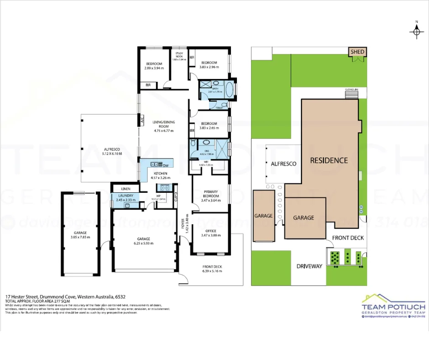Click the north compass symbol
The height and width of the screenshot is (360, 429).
417,31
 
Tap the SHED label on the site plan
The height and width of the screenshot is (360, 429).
358,52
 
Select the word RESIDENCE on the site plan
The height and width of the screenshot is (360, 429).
329,160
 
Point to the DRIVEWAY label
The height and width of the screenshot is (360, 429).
309,266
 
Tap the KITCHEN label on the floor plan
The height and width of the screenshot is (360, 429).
160,174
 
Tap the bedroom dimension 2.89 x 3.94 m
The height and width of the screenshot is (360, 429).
154,68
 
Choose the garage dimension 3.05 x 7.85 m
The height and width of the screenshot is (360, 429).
80,237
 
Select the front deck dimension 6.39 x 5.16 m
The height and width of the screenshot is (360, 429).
212,271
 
